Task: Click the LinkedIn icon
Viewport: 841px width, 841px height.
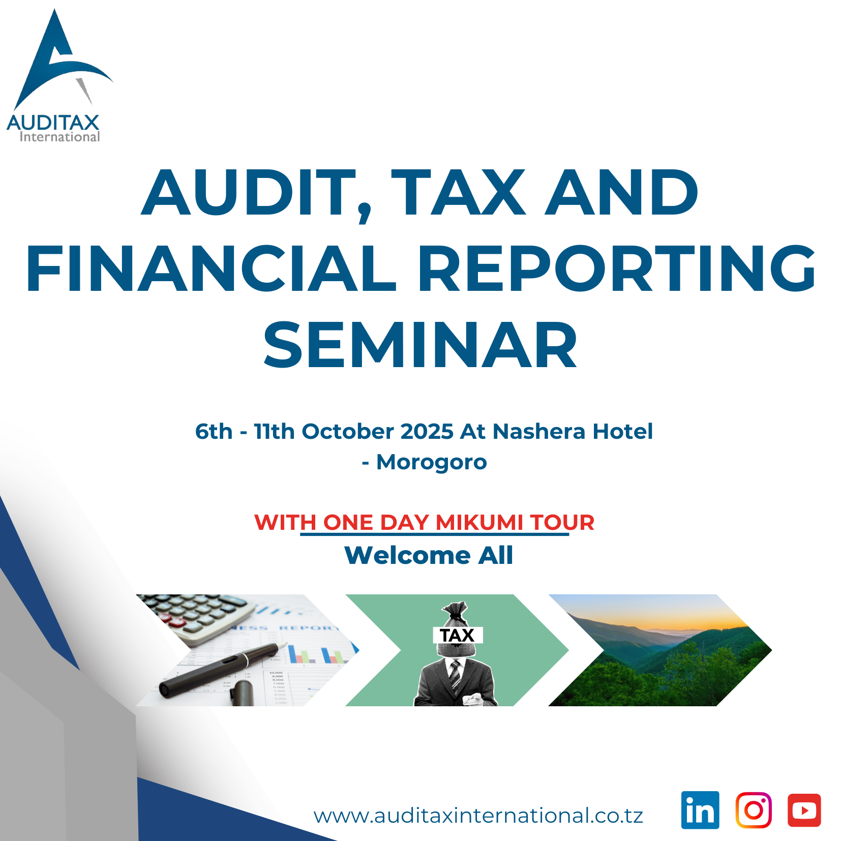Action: pyautogui.click(x=700, y=810)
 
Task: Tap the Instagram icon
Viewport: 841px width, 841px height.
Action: pyautogui.click(x=754, y=810)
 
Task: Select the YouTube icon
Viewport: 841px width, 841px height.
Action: pyautogui.click(x=804, y=810)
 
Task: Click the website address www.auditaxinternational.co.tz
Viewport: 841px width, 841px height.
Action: pyautogui.click(x=478, y=816)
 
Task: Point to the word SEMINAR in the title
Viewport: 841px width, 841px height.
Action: pyautogui.click(x=420, y=346)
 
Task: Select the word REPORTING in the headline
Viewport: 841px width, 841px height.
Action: pyautogui.click(x=617, y=268)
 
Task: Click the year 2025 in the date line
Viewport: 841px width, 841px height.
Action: pyautogui.click(x=427, y=432)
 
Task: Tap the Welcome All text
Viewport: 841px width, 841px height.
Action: pyautogui.click(x=429, y=555)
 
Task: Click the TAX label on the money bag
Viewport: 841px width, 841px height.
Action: pyautogui.click(x=458, y=635)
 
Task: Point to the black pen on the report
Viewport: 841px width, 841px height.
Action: pyautogui.click(x=220, y=669)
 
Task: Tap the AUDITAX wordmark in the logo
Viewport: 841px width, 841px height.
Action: pyautogui.click(x=53, y=123)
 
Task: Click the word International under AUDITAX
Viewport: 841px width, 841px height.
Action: pyautogui.click(x=59, y=137)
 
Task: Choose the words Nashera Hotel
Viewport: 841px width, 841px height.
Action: pyautogui.click(x=573, y=432)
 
